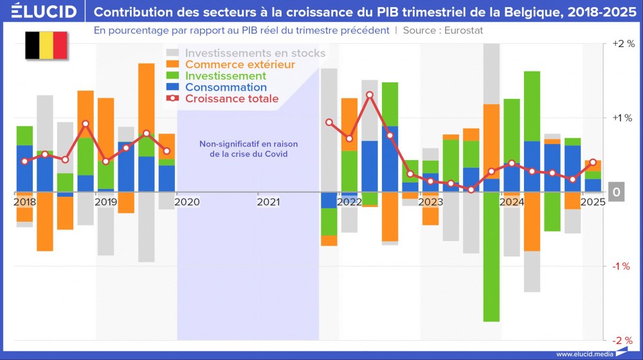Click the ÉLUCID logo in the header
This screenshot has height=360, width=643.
coord(39,12)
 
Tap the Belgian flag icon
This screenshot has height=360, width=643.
coord(46,45)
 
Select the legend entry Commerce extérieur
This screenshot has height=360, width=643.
coord(239,64)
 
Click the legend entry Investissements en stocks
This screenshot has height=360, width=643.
coord(255,53)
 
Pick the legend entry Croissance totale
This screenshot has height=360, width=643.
coord(231,98)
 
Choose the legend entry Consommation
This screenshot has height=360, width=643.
coord(225,87)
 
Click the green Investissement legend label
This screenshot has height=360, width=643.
coord(225,76)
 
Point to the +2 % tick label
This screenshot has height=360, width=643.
coord(624,44)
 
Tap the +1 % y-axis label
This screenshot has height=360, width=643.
coord(624,118)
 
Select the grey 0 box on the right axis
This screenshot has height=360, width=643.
coord(616,192)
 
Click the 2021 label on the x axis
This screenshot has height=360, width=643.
coord(269,202)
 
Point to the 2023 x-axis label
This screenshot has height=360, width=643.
coord(431,202)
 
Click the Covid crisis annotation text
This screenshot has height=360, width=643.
coord(248,149)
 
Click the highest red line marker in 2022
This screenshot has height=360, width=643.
coord(370,95)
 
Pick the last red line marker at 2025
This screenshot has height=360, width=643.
coord(592,162)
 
